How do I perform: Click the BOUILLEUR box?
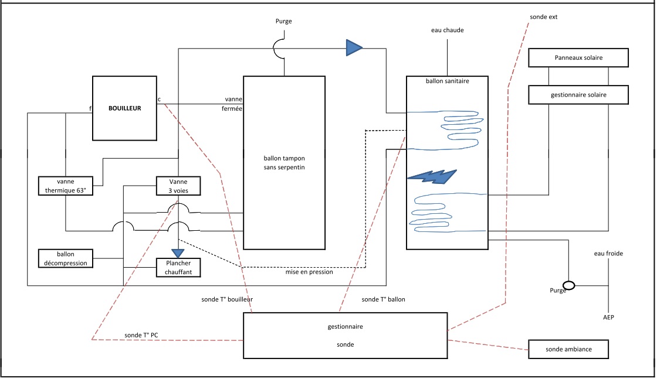tap(125, 108)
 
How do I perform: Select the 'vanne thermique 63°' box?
tap(66, 186)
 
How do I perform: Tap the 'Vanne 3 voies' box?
tap(179, 186)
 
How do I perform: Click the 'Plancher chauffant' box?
tap(178, 268)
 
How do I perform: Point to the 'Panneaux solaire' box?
tap(578, 58)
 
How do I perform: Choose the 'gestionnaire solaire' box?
tap(578, 94)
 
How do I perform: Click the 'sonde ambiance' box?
tap(568, 349)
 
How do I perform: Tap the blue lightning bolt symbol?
tap(432, 176)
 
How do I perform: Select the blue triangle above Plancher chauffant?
tap(178, 253)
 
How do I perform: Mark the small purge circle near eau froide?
tap(569, 285)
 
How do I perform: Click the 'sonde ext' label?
tap(543, 17)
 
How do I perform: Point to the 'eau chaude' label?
tap(447, 30)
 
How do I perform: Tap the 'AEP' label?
tap(609, 317)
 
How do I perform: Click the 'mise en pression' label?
tap(309, 272)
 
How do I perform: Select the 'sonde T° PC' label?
tap(141, 335)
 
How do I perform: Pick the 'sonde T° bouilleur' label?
tap(227, 299)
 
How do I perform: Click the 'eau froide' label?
tap(608, 254)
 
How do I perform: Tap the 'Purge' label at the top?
tap(283, 21)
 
